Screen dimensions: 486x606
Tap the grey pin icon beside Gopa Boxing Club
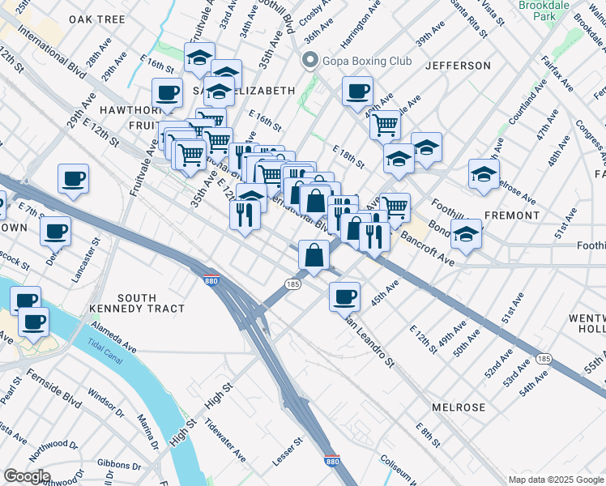[x=309, y=62]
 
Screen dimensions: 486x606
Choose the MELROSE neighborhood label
[x=459, y=407]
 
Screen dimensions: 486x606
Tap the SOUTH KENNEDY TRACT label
[x=151, y=303]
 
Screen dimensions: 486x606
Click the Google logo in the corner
[x=27, y=476]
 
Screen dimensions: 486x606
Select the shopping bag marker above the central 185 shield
[x=314, y=255]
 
